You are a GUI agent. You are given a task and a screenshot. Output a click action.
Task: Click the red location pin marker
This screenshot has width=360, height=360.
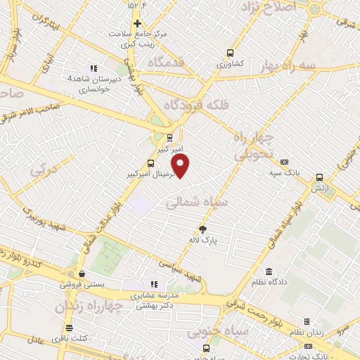tap(181, 166)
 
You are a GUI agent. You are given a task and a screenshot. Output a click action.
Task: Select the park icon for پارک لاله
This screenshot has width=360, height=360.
tap(204, 229)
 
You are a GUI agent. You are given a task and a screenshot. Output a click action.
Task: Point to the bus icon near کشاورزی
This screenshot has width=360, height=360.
tap(230, 53)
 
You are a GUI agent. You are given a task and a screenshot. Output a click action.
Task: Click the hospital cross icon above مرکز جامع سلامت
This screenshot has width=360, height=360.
tap(138, 23)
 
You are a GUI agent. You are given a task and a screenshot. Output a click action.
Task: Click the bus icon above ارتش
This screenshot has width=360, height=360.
tap(319, 177)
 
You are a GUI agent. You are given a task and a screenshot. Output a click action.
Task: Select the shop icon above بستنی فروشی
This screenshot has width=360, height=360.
tap(83, 274)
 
